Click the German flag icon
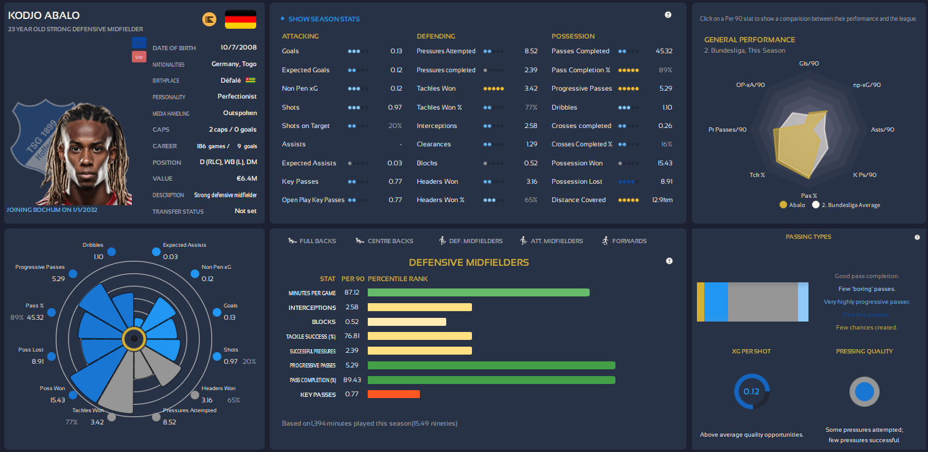pyautogui.click(x=240, y=20)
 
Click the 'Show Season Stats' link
pyautogui.click(x=324, y=19)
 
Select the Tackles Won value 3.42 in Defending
pyautogui.click(x=531, y=89)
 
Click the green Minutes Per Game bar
pyautogui.click(x=478, y=293)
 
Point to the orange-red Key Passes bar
pyautogui.click(x=394, y=394)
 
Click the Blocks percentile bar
pyautogui.click(x=407, y=322)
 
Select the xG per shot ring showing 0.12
pyautogui.click(x=751, y=391)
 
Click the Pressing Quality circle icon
pyautogui.click(x=864, y=391)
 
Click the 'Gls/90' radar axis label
pyautogui.click(x=809, y=63)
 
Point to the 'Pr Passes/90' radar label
pyautogui.click(x=727, y=130)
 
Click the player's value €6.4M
pyautogui.click(x=246, y=179)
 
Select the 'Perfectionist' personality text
pyautogui.click(x=237, y=97)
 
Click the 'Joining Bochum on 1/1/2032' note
pyautogui.click(x=51, y=209)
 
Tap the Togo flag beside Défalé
pyautogui.click(x=250, y=80)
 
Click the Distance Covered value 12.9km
pyautogui.click(x=662, y=200)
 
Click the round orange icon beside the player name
pyautogui.click(x=209, y=20)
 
